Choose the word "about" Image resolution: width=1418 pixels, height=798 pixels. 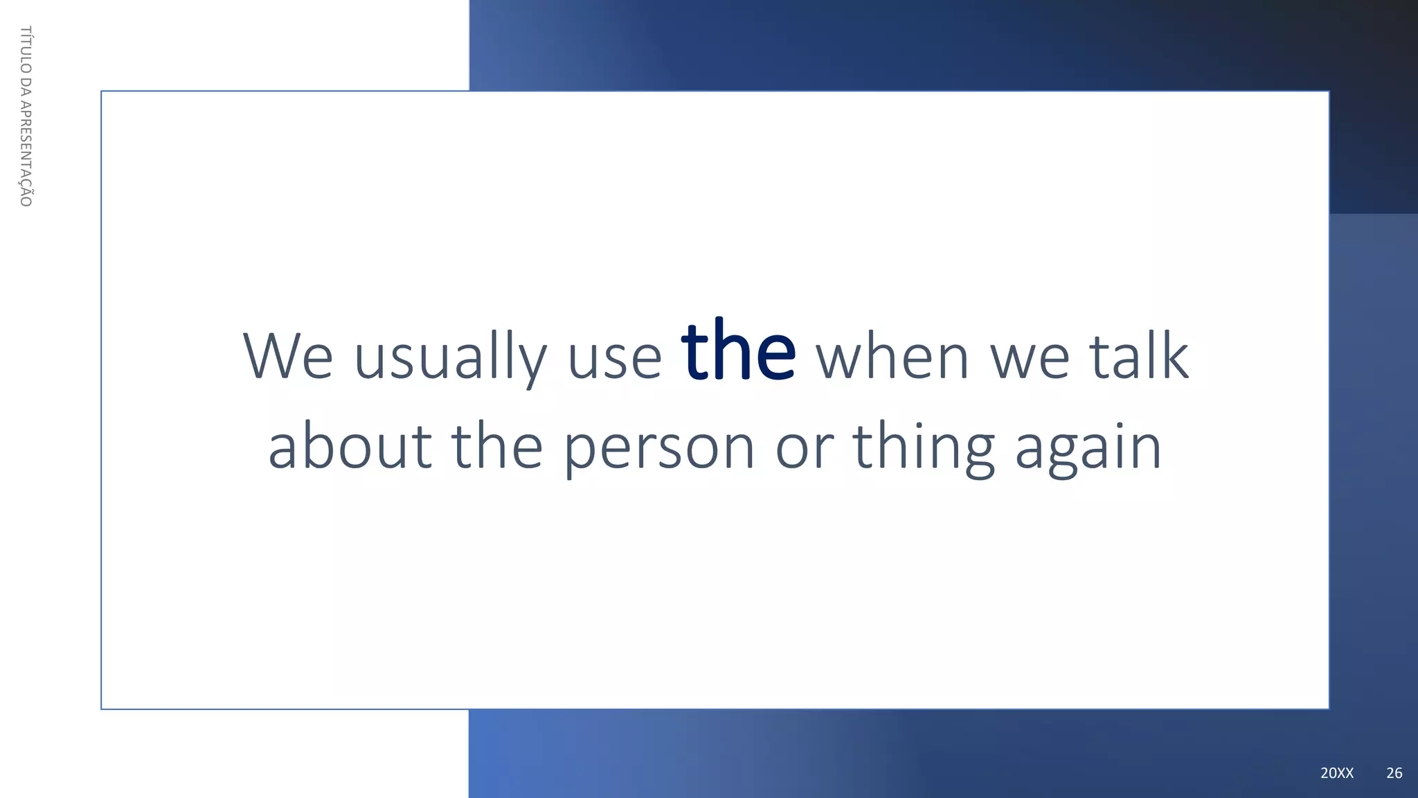350,447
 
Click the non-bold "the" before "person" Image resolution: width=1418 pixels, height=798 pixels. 496,447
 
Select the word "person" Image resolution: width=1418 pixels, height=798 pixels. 658,449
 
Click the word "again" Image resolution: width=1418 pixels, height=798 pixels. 1088,449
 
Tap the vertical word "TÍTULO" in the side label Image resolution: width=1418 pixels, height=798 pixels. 26,49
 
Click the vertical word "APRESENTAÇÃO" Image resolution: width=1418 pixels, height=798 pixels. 26,153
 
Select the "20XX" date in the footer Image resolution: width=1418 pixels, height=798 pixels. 1336,773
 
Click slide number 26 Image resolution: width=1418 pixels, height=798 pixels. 1394,773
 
